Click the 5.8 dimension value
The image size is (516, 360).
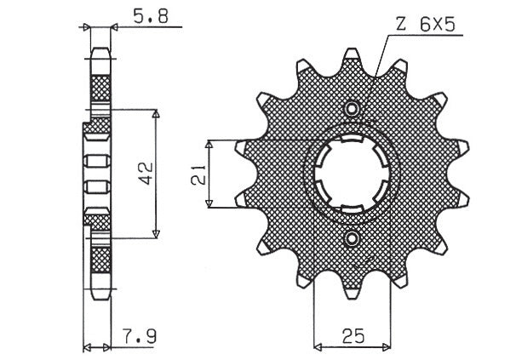(151, 16)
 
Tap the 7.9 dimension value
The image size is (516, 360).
(140, 336)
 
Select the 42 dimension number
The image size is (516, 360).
(146, 173)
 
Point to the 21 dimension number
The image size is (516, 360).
(198, 174)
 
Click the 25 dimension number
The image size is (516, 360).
(353, 336)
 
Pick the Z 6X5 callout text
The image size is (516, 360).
(426, 25)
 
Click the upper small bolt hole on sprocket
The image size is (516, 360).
(353, 108)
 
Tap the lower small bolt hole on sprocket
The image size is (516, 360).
(353, 238)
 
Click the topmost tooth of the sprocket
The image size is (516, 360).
(352, 54)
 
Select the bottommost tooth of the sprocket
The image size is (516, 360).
(352, 293)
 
